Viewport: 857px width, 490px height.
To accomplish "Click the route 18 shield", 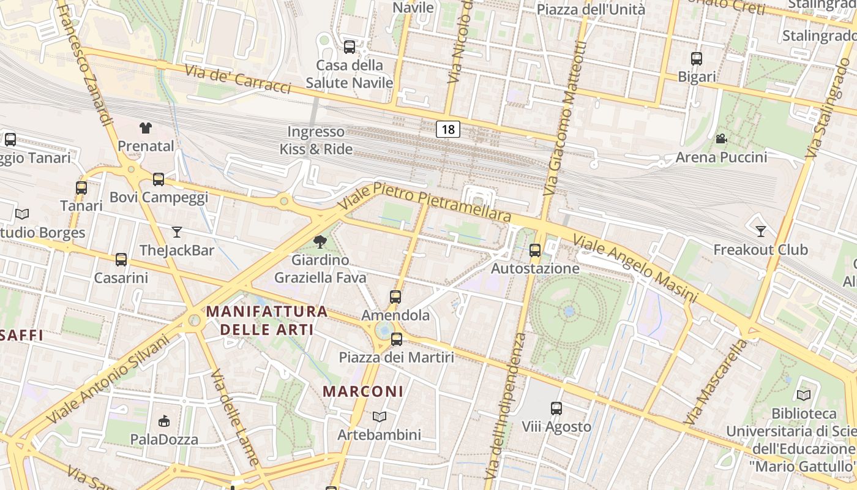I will click(448, 129).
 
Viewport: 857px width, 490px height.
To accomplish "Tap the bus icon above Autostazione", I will click(535, 250).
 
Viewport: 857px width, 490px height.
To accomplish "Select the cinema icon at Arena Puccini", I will click(721, 139).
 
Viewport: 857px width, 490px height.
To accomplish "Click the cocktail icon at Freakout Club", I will click(760, 231).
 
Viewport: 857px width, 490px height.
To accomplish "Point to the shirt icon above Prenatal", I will click(145, 127).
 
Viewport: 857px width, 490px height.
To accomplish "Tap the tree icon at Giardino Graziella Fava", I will click(320, 242).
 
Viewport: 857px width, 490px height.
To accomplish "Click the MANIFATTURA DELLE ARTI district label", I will click(267, 320).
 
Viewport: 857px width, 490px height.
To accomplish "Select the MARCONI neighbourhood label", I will click(363, 391).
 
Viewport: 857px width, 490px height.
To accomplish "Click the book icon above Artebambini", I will click(380, 417).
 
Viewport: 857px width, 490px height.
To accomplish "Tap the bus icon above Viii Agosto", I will click(556, 408).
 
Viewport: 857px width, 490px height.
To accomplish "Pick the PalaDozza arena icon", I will click(164, 421).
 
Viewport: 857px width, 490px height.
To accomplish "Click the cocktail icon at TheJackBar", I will click(177, 232).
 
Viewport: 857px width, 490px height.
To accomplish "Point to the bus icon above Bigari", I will click(697, 59).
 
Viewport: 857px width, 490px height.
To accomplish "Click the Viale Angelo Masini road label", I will click(635, 268).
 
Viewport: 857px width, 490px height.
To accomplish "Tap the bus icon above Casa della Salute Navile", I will click(350, 47).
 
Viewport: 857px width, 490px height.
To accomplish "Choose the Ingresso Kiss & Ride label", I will click(316, 140).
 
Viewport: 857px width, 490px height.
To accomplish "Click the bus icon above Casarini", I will click(121, 259).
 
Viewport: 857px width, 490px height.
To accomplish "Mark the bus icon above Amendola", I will click(395, 297).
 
